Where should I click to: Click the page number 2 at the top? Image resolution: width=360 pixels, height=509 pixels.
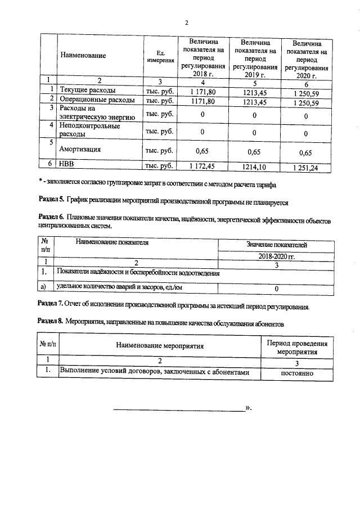[x=186, y=23]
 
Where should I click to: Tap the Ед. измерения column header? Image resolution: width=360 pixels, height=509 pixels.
[x=160, y=56]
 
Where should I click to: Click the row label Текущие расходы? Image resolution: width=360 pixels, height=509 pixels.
[x=88, y=89]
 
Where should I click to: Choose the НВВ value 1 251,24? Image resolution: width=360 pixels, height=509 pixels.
[x=305, y=168]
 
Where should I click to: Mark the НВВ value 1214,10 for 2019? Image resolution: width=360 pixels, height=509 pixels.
[x=254, y=166]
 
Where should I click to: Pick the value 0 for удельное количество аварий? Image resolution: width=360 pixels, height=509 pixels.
[x=276, y=289]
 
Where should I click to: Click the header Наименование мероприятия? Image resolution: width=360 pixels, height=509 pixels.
[x=160, y=346]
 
